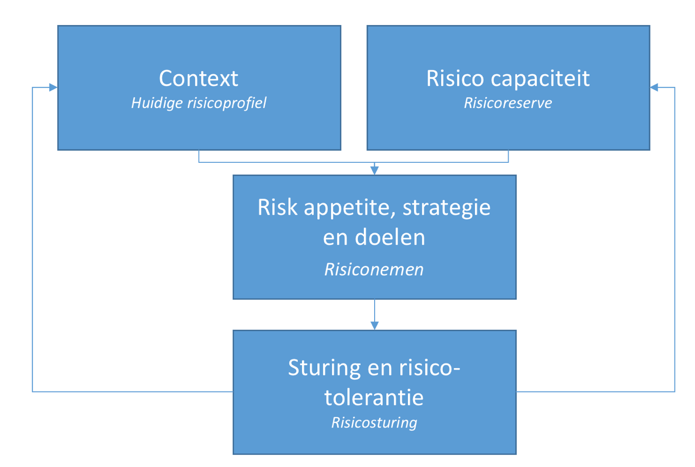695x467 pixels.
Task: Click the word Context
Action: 199,78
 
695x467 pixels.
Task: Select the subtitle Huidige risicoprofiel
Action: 199,103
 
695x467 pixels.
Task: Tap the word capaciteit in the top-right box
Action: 540,79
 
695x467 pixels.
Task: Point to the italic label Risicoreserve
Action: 508,103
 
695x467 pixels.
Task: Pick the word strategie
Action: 447,208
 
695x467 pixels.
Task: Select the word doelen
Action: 390,237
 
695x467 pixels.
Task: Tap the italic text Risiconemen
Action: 374,269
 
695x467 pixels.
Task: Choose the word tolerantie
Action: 374,397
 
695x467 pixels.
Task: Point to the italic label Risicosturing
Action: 374,422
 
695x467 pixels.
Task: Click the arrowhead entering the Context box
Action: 53,88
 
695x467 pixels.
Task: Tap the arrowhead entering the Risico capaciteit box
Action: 655,88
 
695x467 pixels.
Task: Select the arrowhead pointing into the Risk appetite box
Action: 375,171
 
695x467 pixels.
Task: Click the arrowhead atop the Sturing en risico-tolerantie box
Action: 375,325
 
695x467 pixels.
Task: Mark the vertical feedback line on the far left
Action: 33,241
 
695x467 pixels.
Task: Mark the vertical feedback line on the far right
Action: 675,241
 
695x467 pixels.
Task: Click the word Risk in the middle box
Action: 277,207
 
